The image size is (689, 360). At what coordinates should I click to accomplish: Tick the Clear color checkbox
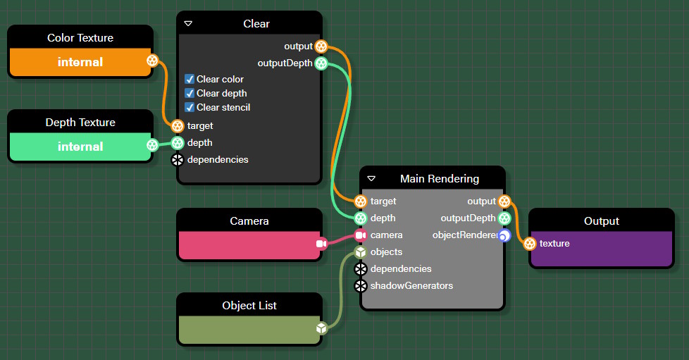click(x=190, y=79)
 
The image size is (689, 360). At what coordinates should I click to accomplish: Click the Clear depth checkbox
click(x=190, y=93)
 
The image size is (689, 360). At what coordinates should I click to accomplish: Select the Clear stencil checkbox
click(x=190, y=107)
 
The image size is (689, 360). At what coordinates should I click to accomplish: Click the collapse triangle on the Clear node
click(x=188, y=24)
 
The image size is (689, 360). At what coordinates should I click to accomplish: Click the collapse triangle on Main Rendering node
click(x=371, y=179)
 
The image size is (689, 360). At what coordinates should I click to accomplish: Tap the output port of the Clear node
click(x=321, y=46)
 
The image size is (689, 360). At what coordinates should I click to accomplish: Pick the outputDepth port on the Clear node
click(x=321, y=63)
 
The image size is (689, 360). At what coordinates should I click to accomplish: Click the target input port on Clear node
click(x=178, y=125)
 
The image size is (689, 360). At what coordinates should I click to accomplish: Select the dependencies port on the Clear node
click(x=178, y=159)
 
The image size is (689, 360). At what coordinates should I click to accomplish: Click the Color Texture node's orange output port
click(x=152, y=61)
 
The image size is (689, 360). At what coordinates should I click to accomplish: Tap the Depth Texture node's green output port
click(x=152, y=146)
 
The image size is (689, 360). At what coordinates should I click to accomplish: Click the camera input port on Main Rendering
click(x=361, y=235)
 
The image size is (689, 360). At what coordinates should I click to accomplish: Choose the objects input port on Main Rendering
click(x=361, y=252)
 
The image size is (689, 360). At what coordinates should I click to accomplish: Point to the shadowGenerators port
click(x=361, y=286)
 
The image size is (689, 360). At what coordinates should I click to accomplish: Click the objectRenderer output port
click(x=504, y=235)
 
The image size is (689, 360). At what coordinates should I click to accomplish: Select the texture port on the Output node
click(x=530, y=244)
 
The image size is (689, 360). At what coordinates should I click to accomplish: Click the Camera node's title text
click(x=249, y=221)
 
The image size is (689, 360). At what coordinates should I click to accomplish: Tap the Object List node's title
click(x=249, y=306)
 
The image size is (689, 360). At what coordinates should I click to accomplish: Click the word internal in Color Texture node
click(x=80, y=62)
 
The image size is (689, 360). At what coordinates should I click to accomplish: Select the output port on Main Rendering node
click(x=504, y=201)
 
